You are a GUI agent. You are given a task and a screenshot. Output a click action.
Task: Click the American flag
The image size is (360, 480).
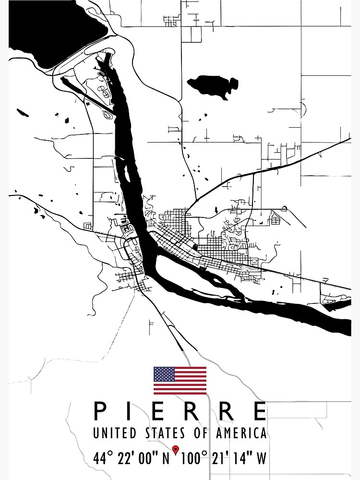click(180, 380)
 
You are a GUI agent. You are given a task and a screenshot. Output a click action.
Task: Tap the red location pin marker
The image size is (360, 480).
click(176, 450)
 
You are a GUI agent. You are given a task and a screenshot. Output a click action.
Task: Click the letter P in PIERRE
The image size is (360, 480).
click(100, 411)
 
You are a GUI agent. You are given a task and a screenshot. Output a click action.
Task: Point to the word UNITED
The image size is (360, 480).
click(115, 433)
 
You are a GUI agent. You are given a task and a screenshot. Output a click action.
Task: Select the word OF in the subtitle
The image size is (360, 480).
click(202, 433)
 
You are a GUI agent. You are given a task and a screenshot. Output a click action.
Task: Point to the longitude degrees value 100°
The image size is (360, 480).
click(194, 458)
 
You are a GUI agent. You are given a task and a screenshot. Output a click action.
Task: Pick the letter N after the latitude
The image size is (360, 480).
click(166, 458)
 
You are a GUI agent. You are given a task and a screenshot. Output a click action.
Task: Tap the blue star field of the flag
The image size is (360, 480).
click(164, 374)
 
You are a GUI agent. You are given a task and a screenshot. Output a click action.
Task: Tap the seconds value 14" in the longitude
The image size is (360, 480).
click(242, 458)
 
